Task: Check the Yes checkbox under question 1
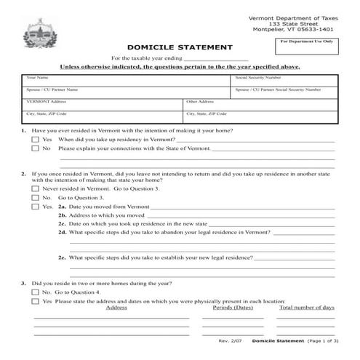click(x=35, y=140)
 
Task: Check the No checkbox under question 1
click(x=35, y=149)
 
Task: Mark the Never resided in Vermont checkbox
click(x=35, y=188)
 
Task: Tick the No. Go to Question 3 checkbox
click(x=35, y=198)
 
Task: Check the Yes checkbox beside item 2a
click(x=35, y=207)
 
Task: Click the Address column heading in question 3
click(x=116, y=308)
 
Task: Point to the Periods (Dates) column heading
click(x=232, y=308)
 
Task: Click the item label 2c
click(x=63, y=225)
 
